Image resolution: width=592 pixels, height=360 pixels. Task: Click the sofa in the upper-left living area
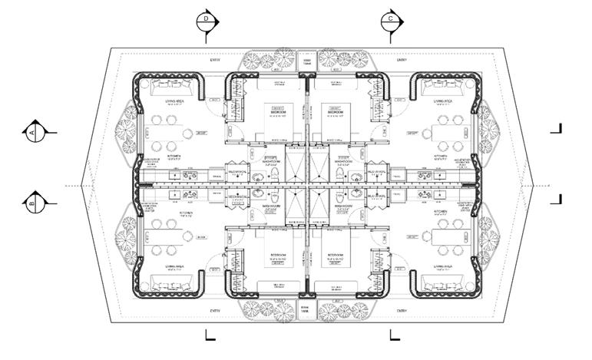pyautogui.click(x=169, y=85)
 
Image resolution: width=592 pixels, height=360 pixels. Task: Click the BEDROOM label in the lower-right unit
pyautogui.click(x=335, y=255)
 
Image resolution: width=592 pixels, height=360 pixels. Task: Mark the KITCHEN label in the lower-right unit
pyautogui.click(x=440, y=212)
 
